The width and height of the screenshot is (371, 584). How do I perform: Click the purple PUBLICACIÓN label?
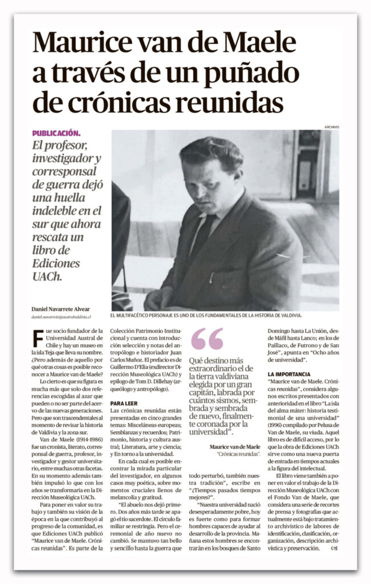coord(56,133)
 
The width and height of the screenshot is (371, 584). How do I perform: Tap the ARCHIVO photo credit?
coord(331,127)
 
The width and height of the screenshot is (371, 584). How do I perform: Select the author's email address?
coord(62,316)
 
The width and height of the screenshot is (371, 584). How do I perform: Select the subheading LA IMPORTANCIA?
coord(289,374)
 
